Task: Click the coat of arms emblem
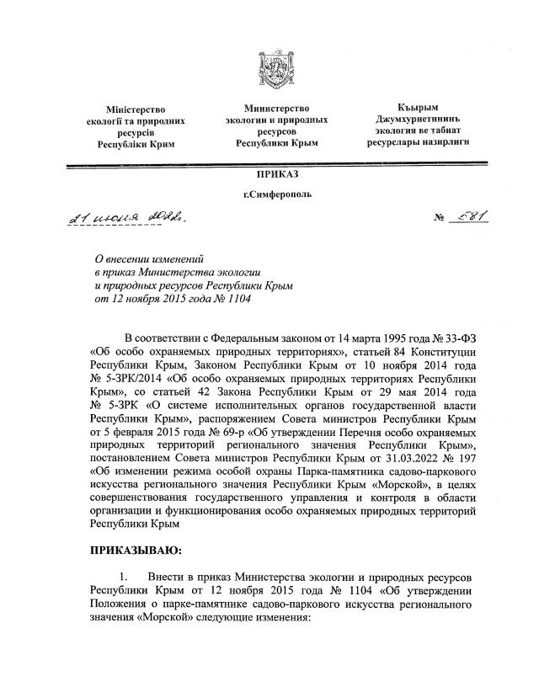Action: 269,70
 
